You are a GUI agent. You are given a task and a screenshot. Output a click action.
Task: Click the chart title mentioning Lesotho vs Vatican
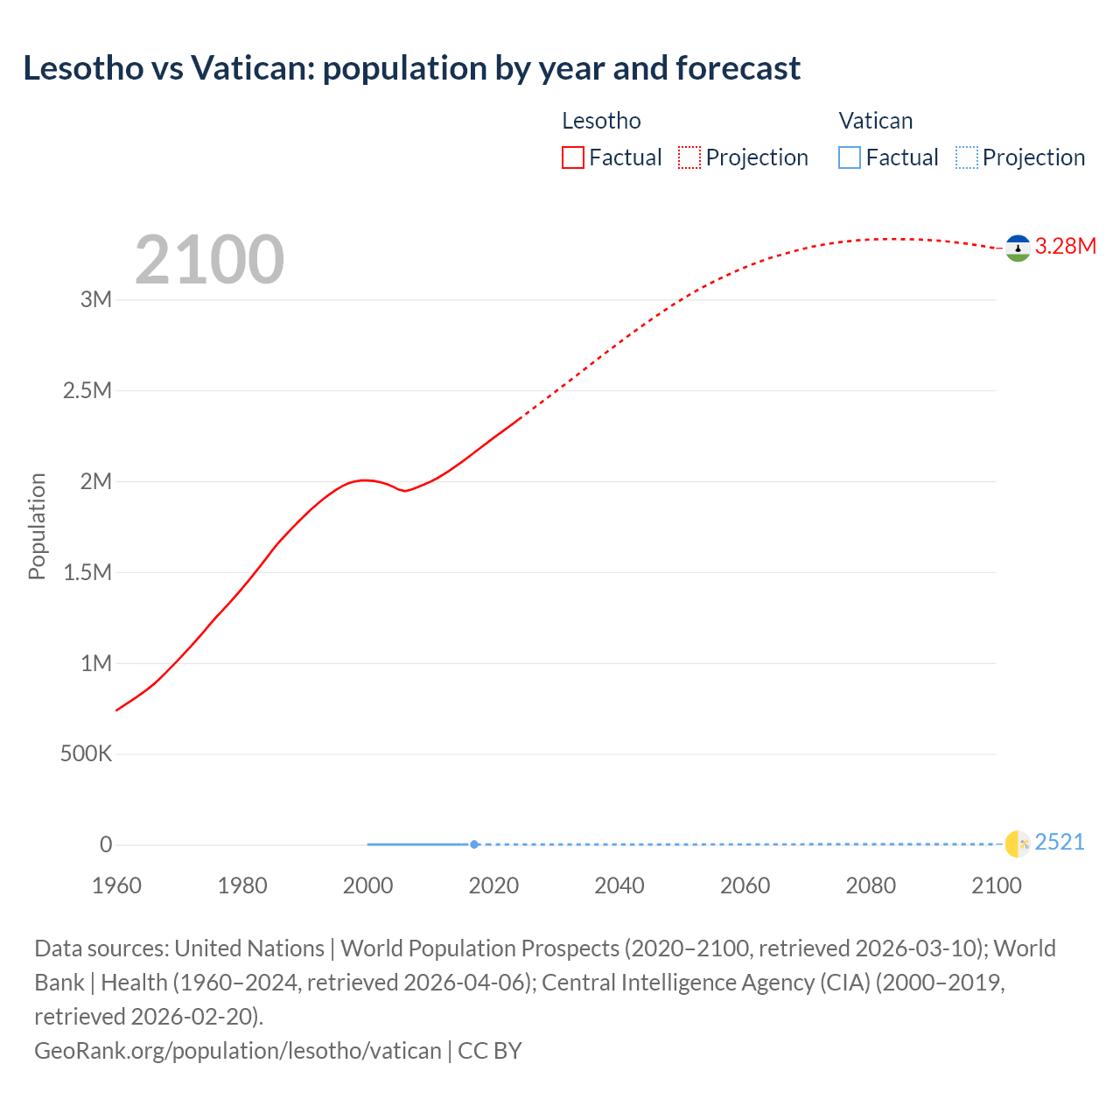[x=411, y=68]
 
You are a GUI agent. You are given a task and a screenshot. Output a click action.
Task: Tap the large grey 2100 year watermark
[x=209, y=260]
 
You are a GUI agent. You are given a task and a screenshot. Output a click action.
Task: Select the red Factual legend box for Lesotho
[x=572, y=157]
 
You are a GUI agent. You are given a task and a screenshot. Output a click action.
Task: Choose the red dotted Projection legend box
[x=689, y=157]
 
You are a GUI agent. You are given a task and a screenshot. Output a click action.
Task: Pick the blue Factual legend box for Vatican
[x=849, y=157]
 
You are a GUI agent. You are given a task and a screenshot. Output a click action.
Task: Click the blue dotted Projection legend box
[x=966, y=157]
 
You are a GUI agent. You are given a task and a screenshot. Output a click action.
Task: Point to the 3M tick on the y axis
[x=96, y=299]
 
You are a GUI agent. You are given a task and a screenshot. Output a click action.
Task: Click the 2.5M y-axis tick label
[x=87, y=390]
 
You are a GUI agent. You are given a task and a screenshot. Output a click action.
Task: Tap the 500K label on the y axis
[x=86, y=753]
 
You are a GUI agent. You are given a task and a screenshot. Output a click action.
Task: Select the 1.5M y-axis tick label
[x=87, y=572]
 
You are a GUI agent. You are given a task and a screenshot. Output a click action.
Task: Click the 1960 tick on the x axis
[x=116, y=885]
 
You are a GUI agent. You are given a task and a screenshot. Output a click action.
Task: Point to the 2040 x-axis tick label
[x=619, y=885]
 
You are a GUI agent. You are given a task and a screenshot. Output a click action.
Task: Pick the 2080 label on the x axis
[x=871, y=885]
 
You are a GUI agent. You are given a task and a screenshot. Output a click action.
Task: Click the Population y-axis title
[x=37, y=526]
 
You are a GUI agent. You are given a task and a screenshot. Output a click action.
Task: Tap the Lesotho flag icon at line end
[x=1018, y=248]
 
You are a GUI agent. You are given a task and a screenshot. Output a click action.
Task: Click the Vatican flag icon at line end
[x=1018, y=843]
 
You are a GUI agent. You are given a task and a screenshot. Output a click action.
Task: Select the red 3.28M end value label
[x=1065, y=247]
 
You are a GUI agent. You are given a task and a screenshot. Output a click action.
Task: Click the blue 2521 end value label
[x=1059, y=842]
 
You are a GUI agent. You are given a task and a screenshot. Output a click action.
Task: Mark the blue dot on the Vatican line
[x=474, y=844]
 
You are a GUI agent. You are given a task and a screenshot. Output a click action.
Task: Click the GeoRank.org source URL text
[x=237, y=1050]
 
